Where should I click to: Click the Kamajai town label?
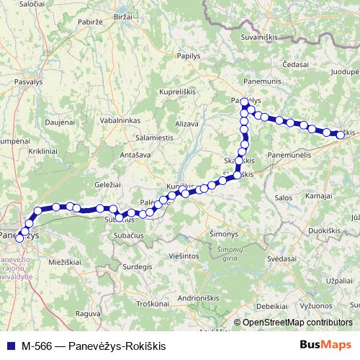point(318,196)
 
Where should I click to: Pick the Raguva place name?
point(87,313)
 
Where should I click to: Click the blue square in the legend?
point(10,345)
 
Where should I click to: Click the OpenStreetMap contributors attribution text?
point(297,323)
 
